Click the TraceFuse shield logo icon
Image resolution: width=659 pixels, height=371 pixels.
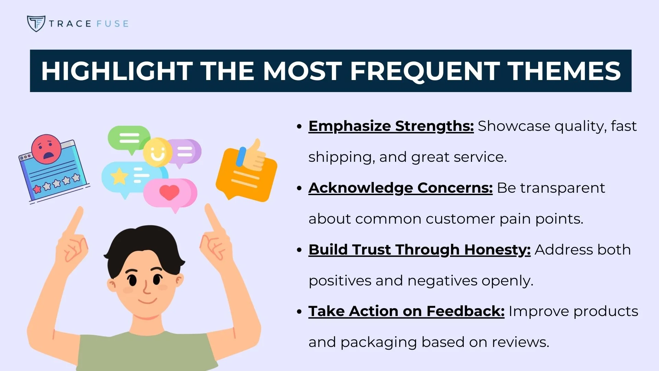(x=36, y=23)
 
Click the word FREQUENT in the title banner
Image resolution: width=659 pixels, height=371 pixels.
(x=425, y=71)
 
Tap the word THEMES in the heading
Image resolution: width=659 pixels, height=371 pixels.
(x=564, y=71)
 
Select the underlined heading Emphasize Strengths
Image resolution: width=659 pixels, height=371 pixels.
(x=391, y=126)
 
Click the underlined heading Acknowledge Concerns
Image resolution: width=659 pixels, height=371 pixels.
(x=400, y=188)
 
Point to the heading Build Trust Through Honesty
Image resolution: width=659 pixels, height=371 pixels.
(x=419, y=250)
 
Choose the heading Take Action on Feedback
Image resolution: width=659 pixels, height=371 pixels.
(x=406, y=311)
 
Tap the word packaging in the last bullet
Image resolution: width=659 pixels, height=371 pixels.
(x=379, y=342)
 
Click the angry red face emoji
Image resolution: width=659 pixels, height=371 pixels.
(x=46, y=149)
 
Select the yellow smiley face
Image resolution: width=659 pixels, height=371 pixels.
(x=157, y=152)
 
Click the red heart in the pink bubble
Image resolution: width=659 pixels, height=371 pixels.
(x=169, y=192)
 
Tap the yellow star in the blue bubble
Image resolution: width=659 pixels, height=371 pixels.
(x=119, y=176)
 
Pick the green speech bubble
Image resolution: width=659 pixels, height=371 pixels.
(x=129, y=138)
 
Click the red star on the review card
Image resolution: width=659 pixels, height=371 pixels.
(x=37, y=189)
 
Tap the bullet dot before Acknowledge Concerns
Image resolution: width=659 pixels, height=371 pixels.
(x=299, y=188)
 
